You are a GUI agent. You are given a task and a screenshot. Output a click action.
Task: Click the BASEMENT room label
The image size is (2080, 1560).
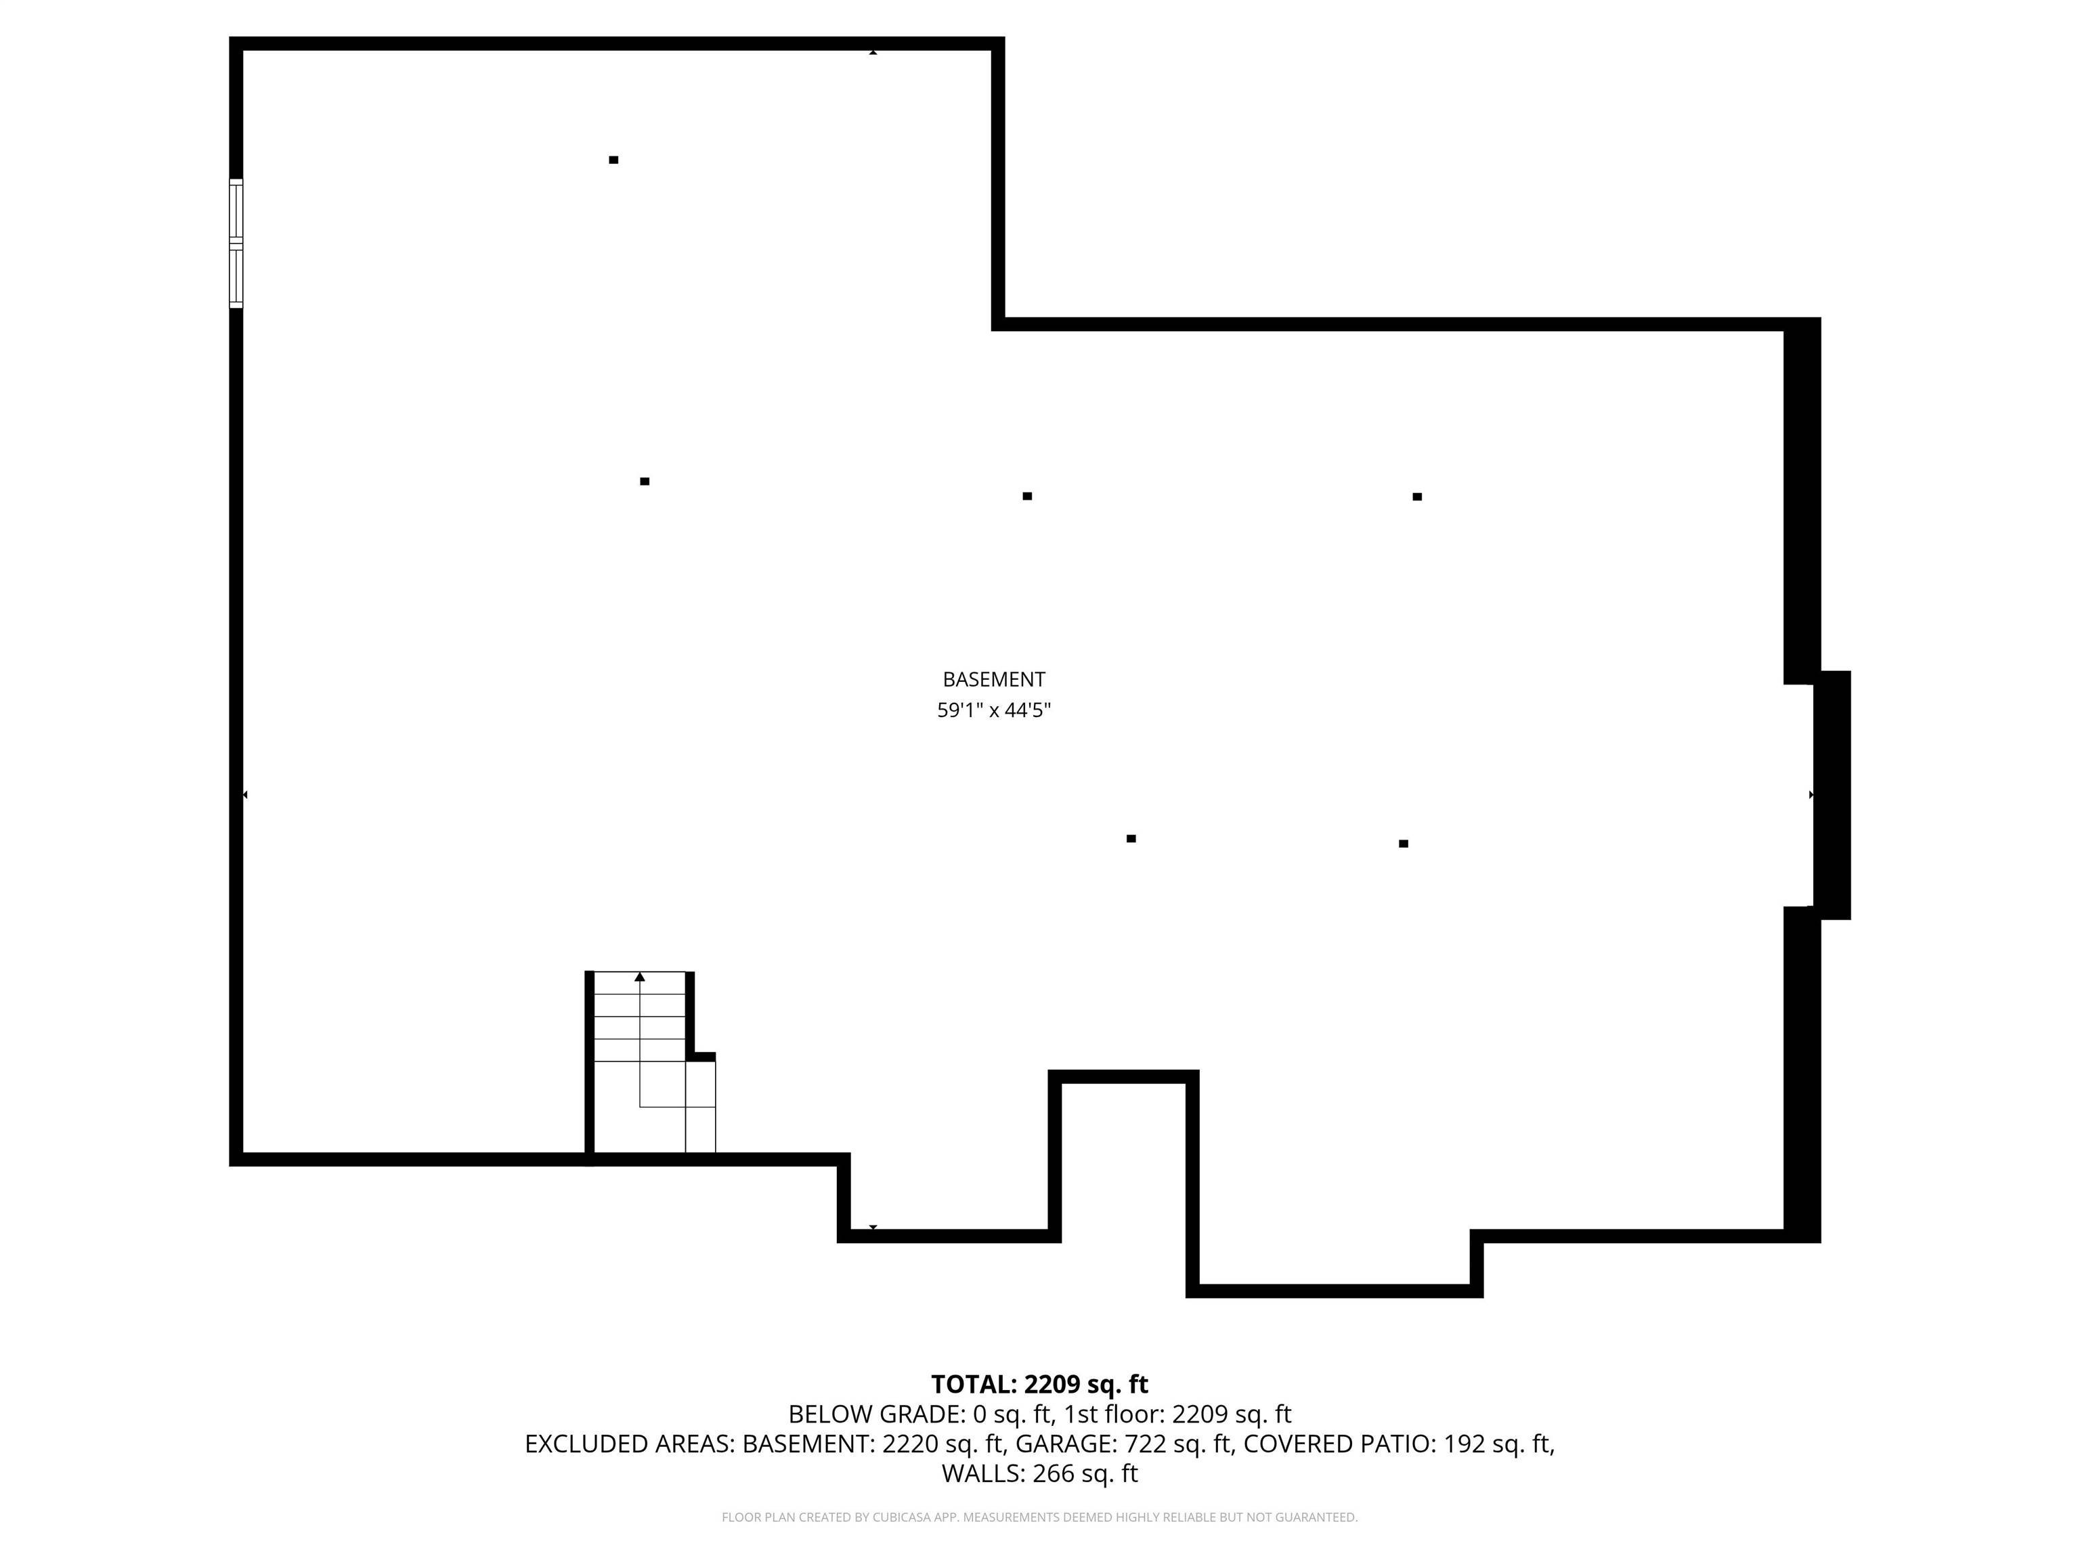[x=993, y=679]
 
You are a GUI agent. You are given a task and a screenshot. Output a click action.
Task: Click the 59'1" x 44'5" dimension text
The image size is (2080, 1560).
[x=993, y=710]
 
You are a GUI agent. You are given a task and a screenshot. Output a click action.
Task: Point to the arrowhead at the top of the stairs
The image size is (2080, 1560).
[x=639, y=977]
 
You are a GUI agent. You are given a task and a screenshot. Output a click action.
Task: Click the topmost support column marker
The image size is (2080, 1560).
[x=613, y=160]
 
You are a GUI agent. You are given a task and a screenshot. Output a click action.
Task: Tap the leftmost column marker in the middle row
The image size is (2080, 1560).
[x=644, y=481]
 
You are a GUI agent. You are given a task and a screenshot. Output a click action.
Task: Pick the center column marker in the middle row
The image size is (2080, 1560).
[x=1027, y=496]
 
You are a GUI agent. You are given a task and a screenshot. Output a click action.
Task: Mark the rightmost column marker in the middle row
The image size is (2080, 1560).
[x=1417, y=496]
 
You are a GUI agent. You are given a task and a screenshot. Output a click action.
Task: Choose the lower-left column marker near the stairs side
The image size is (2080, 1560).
[x=1131, y=838]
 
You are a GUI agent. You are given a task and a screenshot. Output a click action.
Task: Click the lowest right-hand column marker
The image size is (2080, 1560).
[x=1403, y=844]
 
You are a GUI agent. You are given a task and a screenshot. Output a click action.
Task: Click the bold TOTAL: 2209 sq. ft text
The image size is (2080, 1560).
[x=1039, y=1384]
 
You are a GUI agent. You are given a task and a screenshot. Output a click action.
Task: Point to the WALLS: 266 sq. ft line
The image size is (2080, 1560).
[x=1039, y=1473]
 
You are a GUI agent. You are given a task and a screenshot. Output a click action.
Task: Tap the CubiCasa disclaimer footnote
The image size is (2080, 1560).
[x=1039, y=1517]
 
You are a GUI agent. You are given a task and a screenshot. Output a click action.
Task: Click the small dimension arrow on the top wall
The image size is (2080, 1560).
[x=873, y=53]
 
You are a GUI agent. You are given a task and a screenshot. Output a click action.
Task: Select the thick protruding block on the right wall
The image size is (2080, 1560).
[x=1832, y=795]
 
